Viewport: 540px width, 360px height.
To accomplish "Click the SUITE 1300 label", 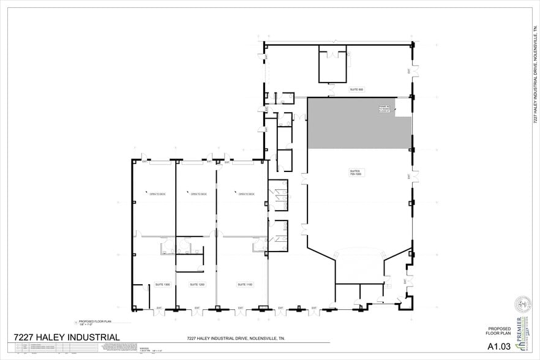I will (x=162, y=285).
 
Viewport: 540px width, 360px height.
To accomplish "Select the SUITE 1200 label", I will (x=197, y=285).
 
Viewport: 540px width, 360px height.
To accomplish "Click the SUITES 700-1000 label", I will (x=355, y=173).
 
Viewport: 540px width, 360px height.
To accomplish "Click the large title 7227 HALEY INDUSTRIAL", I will (x=67, y=337).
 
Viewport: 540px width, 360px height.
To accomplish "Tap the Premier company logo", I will (x=520, y=329).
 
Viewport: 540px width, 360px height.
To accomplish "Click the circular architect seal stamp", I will (x=522, y=303).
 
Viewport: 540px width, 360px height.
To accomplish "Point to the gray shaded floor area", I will (x=349, y=126).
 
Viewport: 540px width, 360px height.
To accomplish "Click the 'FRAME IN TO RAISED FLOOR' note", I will (x=386, y=109).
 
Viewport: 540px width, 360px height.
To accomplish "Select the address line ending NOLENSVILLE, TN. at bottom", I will (x=235, y=339).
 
